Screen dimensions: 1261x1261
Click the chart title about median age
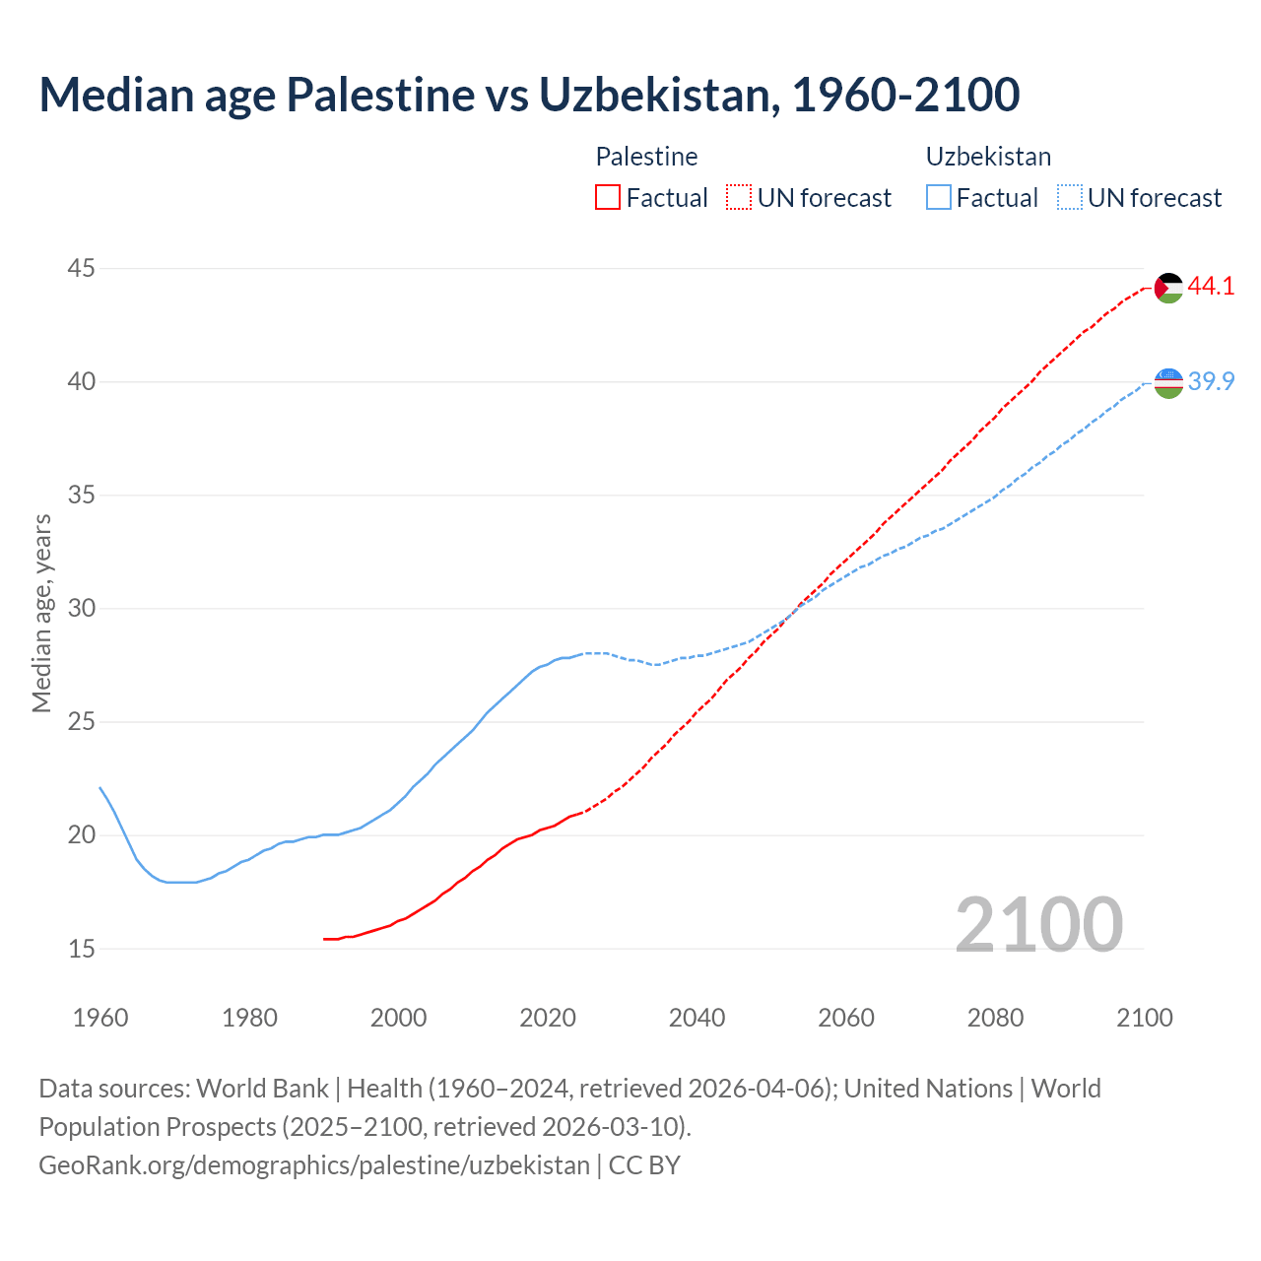tap(529, 95)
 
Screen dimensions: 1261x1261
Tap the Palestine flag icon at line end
tap(1168, 288)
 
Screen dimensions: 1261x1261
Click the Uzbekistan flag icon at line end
tap(1168, 382)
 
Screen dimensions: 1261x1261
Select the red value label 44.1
tap(1211, 287)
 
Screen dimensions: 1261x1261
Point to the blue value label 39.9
tap(1211, 381)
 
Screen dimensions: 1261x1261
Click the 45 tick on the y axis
tap(82, 268)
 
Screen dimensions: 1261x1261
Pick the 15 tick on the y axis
tap(82, 949)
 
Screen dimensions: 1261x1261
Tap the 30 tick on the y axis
tap(82, 608)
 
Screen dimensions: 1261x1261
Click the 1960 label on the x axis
tap(100, 1018)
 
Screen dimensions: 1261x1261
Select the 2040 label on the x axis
tap(697, 1018)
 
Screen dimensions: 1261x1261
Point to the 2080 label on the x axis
tap(995, 1018)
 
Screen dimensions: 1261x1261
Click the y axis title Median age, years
tap(41, 613)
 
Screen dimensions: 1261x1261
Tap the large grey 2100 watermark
tap(1038, 924)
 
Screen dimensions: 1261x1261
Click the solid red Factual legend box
tap(608, 198)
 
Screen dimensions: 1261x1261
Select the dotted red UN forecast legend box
tap(739, 198)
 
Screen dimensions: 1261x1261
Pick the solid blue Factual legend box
tap(939, 198)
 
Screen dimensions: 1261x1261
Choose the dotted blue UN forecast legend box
tap(1070, 198)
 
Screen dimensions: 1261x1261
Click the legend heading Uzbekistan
tap(988, 157)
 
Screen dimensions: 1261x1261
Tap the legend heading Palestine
tap(646, 157)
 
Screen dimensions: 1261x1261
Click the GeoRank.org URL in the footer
tap(314, 1165)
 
